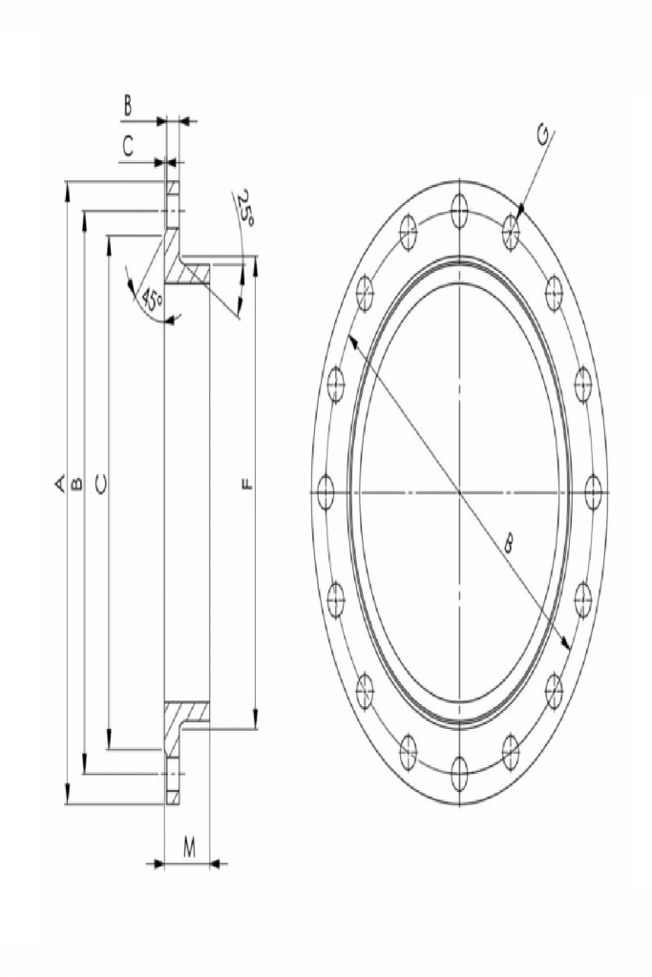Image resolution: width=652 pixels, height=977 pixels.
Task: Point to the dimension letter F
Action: (247, 484)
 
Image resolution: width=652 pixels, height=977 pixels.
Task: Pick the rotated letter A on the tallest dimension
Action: (60, 484)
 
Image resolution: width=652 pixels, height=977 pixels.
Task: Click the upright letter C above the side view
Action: (127, 146)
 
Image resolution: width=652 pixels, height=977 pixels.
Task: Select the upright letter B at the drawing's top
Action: (127, 106)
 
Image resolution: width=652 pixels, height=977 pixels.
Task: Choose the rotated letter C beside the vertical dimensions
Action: (101, 483)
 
